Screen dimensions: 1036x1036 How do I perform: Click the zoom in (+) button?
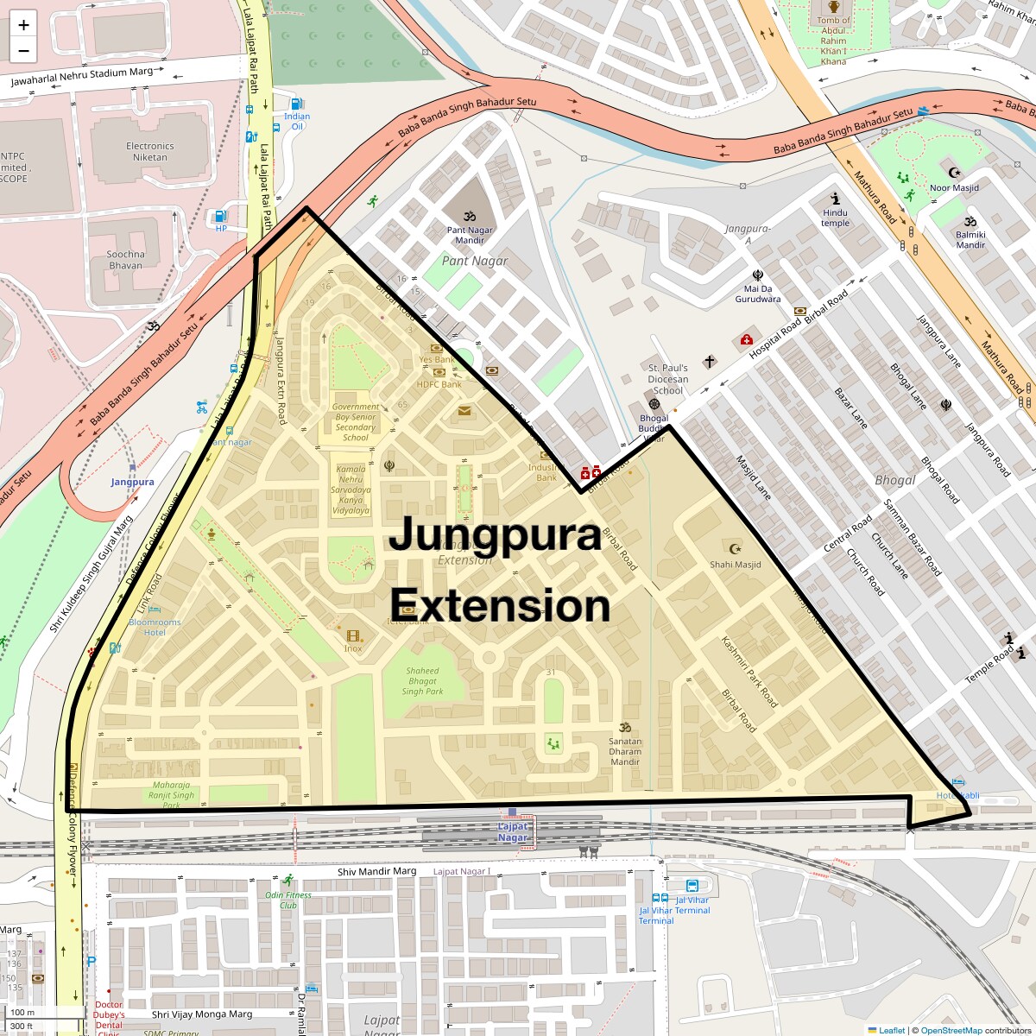point(23,25)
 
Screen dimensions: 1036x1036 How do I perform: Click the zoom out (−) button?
point(23,51)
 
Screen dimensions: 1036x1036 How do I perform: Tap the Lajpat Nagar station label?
point(513,832)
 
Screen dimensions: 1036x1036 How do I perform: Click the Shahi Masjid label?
point(736,565)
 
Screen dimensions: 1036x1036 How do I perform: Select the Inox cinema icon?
point(352,635)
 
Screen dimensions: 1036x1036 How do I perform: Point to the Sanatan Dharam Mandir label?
point(625,751)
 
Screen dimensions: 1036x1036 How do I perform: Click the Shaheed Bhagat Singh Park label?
point(422,681)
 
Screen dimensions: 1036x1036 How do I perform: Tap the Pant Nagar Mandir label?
point(470,235)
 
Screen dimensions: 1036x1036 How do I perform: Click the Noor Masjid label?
point(954,187)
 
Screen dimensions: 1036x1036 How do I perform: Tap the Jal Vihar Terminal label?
point(662,910)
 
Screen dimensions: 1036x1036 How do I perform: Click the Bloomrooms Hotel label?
point(155,627)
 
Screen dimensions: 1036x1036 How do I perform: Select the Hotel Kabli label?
point(958,795)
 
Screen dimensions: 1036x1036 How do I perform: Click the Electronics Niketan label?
point(150,152)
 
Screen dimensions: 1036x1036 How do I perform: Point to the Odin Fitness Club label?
point(288,900)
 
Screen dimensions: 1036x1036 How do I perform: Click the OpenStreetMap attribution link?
point(951,1030)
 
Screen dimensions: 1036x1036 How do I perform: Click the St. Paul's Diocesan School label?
point(668,379)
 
